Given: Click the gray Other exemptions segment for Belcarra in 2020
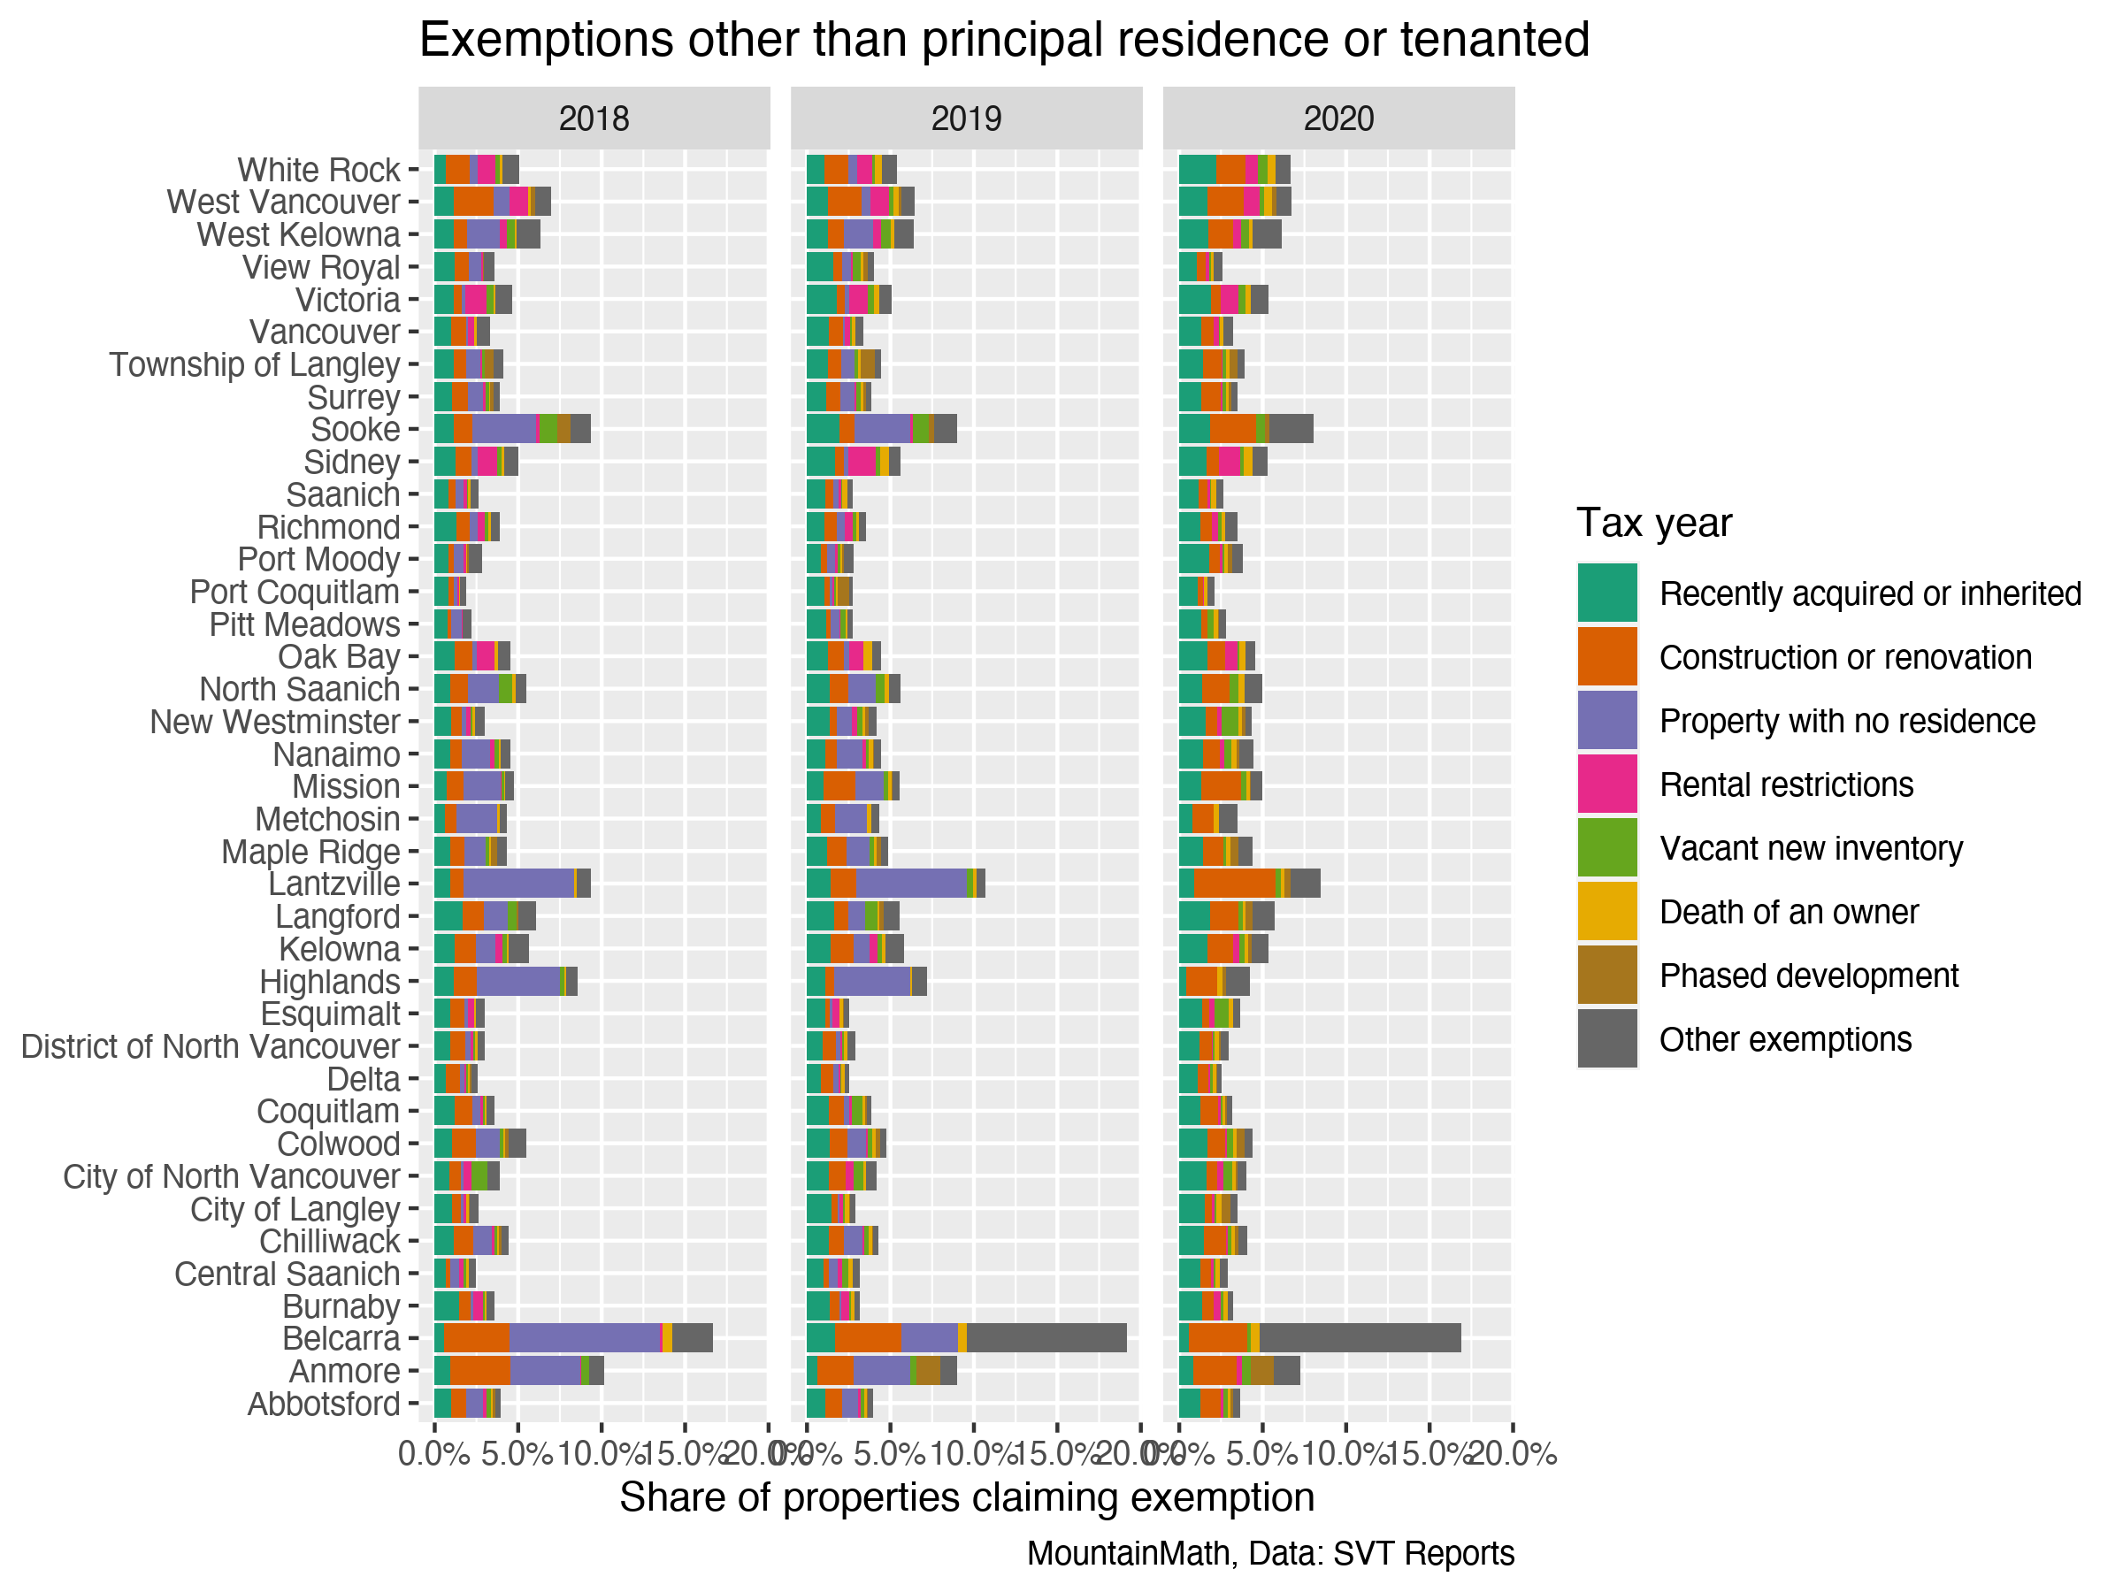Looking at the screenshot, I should coord(1359,1337).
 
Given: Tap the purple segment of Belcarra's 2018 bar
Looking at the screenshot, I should coord(586,1337).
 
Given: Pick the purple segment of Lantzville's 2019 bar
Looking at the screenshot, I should coord(911,883).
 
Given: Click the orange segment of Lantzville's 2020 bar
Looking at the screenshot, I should coord(1234,883).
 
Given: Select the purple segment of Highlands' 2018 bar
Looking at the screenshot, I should coord(518,982).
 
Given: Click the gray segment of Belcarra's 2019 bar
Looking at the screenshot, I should coord(1046,1337).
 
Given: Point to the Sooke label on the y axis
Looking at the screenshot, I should coord(355,429).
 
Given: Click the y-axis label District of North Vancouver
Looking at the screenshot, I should coord(211,1046).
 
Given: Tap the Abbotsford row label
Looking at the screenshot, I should coord(324,1404).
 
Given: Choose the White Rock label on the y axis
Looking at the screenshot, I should coord(318,170).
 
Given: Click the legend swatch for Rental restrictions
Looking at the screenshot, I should coord(1606,784).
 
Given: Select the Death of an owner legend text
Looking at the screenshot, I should coord(1788,912).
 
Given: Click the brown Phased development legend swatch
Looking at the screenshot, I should coord(1606,975).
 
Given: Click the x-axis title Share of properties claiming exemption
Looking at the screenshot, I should coord(967,1498).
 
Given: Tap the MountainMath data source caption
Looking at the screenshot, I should coord(1269,1554).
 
